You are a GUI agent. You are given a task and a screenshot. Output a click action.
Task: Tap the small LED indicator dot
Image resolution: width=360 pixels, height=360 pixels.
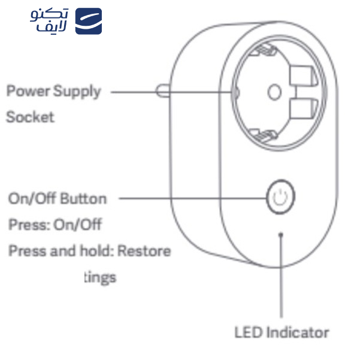tap(280, 235)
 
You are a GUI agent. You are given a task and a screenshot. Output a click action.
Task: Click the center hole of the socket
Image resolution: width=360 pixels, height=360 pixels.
tap(274, 91)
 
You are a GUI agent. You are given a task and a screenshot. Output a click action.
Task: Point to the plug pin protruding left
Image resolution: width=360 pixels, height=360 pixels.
tap(161, 92)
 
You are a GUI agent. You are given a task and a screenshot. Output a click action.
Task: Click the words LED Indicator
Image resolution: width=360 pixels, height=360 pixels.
tap(282, 332)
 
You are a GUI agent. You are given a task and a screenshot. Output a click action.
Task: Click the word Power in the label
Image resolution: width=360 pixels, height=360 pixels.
tap(28, 92)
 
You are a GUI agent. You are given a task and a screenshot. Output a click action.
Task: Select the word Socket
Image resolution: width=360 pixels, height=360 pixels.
tap(30, 117)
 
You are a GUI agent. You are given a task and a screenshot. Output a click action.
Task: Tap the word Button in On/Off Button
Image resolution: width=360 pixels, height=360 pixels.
tap(83, 198)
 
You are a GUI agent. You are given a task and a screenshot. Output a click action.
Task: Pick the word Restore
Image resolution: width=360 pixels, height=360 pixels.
tap(144, 250)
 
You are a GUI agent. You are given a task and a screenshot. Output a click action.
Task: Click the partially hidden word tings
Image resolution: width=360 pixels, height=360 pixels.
tap(99, 277)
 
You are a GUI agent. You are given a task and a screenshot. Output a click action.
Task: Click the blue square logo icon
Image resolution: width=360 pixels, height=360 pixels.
tap(88, 21)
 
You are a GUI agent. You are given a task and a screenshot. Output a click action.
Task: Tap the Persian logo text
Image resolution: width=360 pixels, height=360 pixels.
tap(50, 21)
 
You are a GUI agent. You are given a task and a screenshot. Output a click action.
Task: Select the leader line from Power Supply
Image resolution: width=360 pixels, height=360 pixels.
tap(174, 92)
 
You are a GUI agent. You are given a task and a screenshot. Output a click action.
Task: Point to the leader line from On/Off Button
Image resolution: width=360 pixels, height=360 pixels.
tap(192, 197)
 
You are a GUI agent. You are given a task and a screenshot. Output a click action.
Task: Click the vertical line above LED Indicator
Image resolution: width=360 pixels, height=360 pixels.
tap(281, 282)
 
